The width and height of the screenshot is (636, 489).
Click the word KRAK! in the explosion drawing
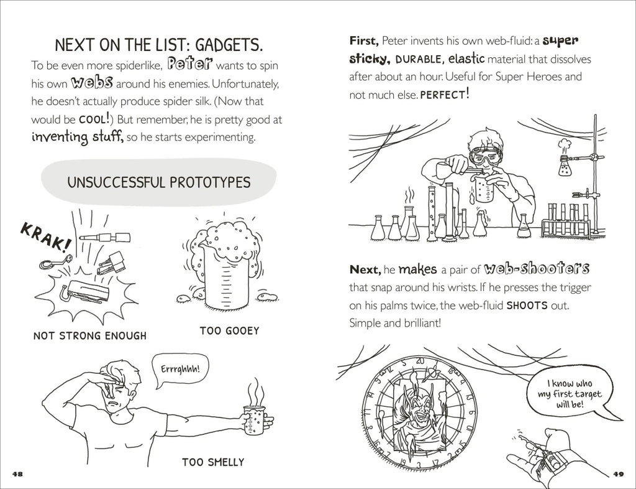point(45,238)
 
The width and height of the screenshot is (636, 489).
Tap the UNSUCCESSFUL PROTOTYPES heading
point(159,182)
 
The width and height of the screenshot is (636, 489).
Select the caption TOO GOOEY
point(229,331)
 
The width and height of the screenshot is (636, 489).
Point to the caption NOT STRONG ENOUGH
point(89,336)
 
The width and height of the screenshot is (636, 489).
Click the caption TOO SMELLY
point(213,462)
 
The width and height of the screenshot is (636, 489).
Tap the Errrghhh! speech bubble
point(180,370)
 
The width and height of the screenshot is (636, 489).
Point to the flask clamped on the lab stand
point(564,165)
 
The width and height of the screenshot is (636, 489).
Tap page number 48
point(18,474)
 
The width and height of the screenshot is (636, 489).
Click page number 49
point(618,474)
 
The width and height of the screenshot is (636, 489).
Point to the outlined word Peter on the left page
point(190,63)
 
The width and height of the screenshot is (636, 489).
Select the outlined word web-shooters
point(537,269)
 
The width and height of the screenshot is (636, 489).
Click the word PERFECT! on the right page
point(445,94)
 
